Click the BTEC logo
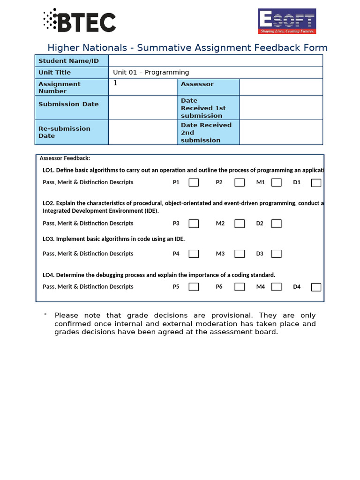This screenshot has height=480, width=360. [80, 21]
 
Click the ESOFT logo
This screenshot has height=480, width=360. [287, 21]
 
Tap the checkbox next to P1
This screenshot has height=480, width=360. [194, 183]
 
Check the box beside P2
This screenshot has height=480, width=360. [240, 183]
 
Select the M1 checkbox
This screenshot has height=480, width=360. [277, 183]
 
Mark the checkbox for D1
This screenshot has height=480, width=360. [316, 183]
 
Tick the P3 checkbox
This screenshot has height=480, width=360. [194, 224]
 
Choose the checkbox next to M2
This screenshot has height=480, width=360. [240, 224]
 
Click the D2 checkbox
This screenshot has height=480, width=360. [277, 224]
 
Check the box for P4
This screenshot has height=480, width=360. [194, 254]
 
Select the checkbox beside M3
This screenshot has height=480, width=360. [240, 254]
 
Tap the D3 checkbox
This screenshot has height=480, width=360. [277, 254]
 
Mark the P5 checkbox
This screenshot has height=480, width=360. [194, 287]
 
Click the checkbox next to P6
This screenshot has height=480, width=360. [240, 287]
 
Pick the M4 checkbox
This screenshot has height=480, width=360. [277, 287]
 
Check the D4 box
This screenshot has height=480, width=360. [316, 287]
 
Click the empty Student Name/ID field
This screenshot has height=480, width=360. [216, 61]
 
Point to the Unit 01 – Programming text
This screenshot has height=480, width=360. [151, 73]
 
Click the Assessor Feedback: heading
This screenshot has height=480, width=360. [65, 158]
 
